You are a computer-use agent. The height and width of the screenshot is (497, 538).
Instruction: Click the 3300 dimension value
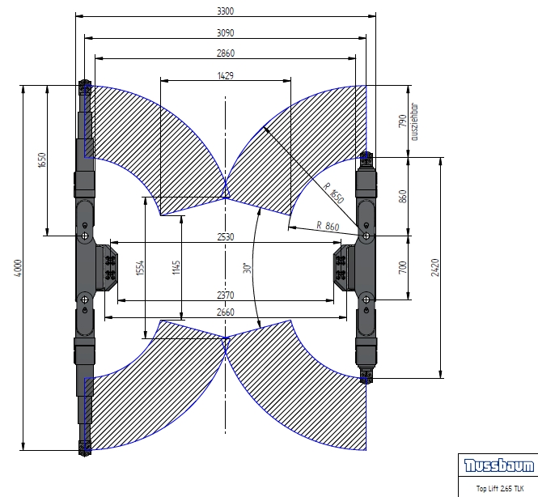click(x=226, y=11)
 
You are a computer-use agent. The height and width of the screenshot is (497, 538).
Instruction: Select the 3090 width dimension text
click(x=226, y=33)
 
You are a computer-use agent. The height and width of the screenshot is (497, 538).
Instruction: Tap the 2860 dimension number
click(x=226, y=53)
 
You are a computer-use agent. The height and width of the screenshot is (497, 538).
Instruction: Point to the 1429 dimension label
click(x=226, y=75)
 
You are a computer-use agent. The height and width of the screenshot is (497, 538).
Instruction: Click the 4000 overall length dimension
click(x=19, y=268)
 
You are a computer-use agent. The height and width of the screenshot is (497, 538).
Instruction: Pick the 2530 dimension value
click(x=226, y=237)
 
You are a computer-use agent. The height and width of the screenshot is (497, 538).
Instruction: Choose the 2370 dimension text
click(x=226, y=295)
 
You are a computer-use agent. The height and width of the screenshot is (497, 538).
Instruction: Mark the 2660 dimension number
click(x=226, y=312)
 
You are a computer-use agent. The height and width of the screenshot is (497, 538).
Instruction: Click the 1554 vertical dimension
click(x=140, y=268)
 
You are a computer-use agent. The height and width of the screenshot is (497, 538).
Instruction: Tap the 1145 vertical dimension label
click(x=176, y=268)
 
